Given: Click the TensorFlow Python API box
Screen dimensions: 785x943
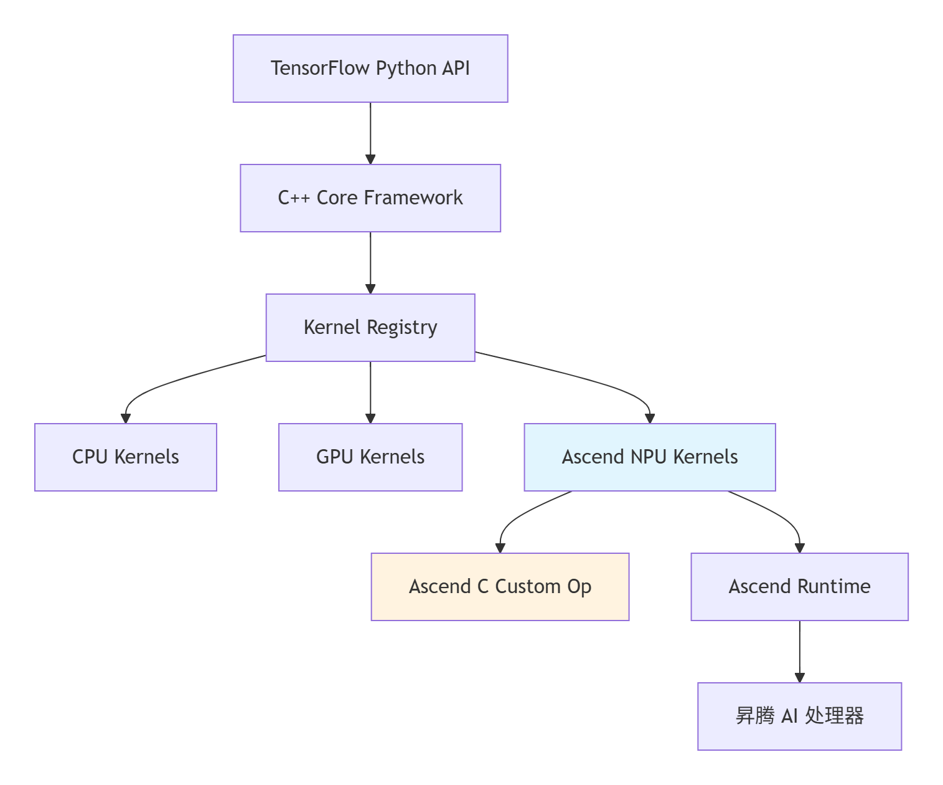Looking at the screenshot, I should [x=370, y=69].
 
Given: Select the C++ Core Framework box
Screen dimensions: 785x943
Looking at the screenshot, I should [x=370, y=198].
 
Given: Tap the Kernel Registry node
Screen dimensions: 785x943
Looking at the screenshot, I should [x=370, y=328].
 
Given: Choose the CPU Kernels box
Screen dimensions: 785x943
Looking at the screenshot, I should [x=126, y=457].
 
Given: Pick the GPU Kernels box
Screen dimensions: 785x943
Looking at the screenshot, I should [x=370, y=457].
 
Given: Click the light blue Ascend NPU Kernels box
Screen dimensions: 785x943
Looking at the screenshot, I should [x=650, y=457].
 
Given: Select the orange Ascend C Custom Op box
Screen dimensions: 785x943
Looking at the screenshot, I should [x=500, y=587].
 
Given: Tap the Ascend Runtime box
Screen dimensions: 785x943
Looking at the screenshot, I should [x=799, y=587].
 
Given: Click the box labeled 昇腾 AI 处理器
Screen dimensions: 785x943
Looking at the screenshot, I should [x=799, y=716].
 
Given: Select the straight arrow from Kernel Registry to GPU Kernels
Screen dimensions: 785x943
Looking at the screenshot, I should [x=370, y=392].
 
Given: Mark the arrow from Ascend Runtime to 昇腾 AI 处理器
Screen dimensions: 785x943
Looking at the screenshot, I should [x=799, y=651].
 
